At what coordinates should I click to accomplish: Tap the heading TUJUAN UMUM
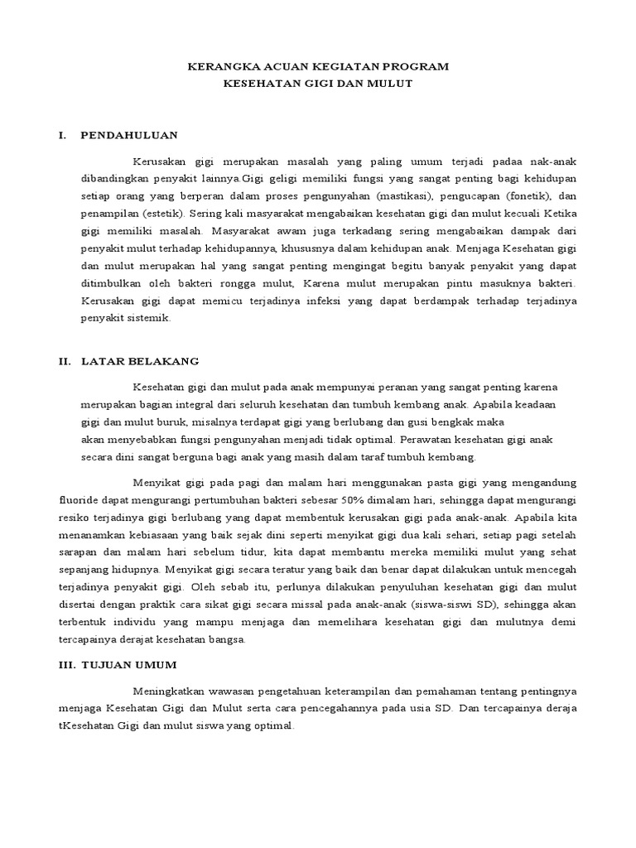point(134,665)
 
